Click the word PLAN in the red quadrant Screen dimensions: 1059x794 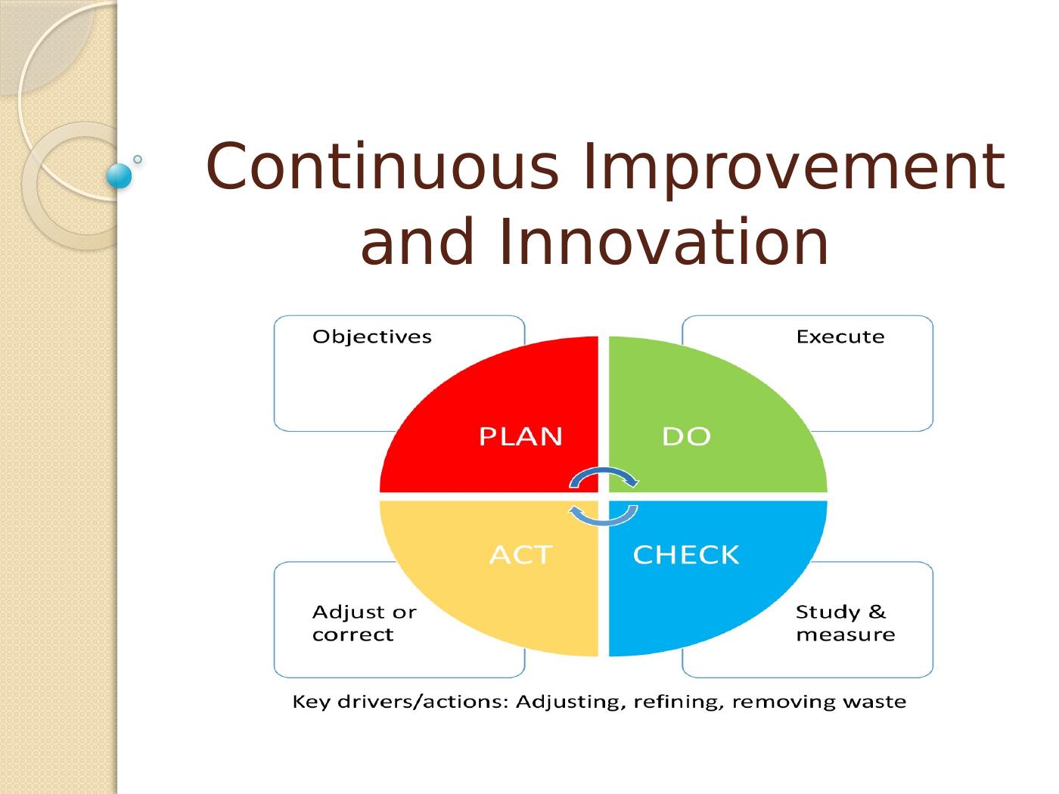(520, 436)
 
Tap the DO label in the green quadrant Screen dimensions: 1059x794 (686, 436)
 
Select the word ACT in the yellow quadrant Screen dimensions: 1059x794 (520, 555)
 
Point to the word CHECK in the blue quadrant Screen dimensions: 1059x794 (685, 555)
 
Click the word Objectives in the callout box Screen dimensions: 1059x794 (372, 337)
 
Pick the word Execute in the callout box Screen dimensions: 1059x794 (840, 337)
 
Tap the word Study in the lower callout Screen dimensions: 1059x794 (828, 613)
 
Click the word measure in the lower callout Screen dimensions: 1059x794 (845, 635)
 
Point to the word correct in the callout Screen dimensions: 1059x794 (353, 635)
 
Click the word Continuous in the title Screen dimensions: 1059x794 (382, 166)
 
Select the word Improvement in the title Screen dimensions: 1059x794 (794, 169)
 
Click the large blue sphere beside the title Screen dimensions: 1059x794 (120, 176)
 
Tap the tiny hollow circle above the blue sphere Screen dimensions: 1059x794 (138, 159)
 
